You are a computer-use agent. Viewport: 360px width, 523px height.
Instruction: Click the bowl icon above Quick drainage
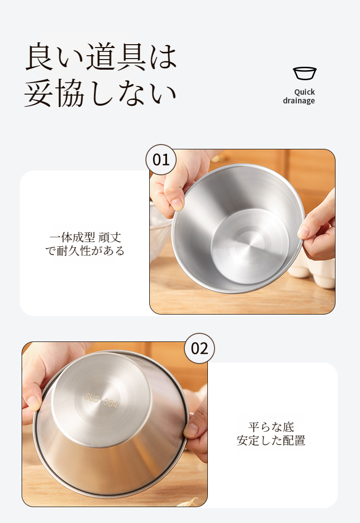(x=305, y=73)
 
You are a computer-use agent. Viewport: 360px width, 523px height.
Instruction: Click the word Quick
(x=304, y=92)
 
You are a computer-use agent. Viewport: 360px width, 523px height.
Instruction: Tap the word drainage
(x=299, y=101)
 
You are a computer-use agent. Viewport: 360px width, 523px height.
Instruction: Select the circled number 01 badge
(x=161, y=160)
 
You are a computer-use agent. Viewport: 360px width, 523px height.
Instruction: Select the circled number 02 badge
(x=199, y=348)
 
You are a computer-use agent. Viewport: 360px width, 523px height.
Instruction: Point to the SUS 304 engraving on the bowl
(x=101, y=400)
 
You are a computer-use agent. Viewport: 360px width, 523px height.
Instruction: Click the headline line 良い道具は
(x=101, y=57)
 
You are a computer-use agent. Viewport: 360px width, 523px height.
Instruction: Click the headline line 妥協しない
(x=100, y=93)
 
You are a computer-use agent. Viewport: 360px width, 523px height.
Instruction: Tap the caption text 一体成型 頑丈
(x=85, y=237)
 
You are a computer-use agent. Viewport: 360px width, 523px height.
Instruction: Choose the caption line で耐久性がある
(x=84, y=251)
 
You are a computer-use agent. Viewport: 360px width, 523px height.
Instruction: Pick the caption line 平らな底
(x=271, y=427)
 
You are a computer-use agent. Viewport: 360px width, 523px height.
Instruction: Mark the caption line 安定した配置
(x=271, y=440)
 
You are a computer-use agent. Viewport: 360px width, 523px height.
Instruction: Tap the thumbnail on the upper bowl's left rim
(x=177, y=204)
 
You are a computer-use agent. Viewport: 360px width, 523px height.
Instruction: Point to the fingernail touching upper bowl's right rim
(x=303, y=231)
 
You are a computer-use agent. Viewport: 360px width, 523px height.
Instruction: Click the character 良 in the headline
(x=40, y=57)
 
